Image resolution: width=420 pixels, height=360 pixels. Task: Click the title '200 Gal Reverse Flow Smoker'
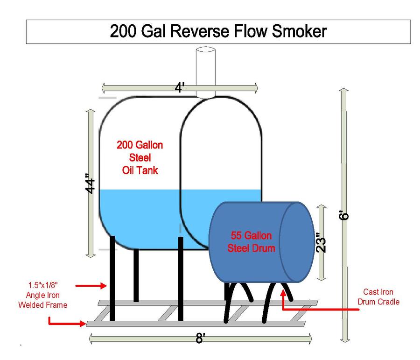pyautogui.click(x=218, y=31)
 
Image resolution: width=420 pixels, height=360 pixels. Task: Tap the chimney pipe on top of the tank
pyautogui.click(x=205, y=70)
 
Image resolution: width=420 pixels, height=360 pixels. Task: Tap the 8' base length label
pyautogui.click(x=200, y=339)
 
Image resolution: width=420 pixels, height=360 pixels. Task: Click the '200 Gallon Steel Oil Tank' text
pyautogui.click(x=140, y=157)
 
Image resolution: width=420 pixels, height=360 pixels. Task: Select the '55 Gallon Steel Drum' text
pyautogui.click(x=251, y=242)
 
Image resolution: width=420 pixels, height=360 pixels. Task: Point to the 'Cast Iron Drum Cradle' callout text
pyautogui.click(x=378, y=297)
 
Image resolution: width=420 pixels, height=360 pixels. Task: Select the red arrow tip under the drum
pyautogui.click(x=283, y=293)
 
